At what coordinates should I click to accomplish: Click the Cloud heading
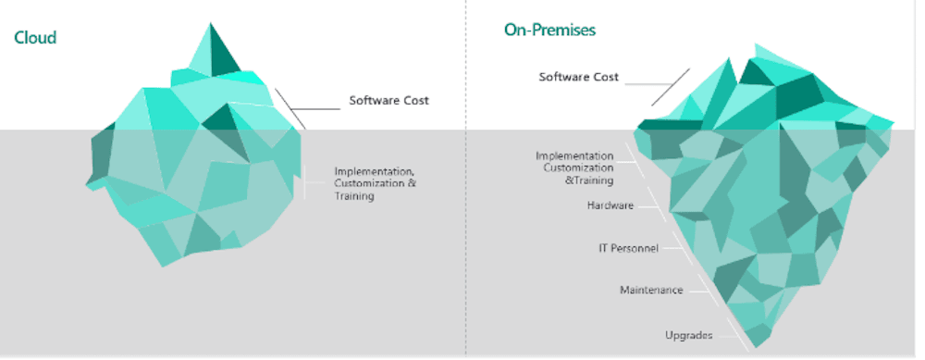click(x=35, y=38)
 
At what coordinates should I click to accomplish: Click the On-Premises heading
click(x=549, y=31)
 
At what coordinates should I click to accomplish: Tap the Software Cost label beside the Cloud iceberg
click(x=388, y=100)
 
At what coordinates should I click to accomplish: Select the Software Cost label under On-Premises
click(x=579, y=77)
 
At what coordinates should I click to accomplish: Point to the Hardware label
click(x=610, y=205)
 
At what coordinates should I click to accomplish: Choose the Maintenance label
click(x=651, y=291)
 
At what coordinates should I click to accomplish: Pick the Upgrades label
click(x=688, y=334)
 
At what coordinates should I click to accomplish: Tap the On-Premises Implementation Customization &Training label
click(x=574, y=168)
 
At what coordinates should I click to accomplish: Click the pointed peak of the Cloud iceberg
click(x=211, y=24)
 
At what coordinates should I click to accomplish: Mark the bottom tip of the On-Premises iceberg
click(x=755, y=347)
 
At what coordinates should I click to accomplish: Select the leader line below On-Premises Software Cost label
click(x=670, y=86)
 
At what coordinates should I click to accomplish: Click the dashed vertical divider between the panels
click(x=465, y=185)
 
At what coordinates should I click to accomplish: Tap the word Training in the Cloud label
click(x=354, y=197)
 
